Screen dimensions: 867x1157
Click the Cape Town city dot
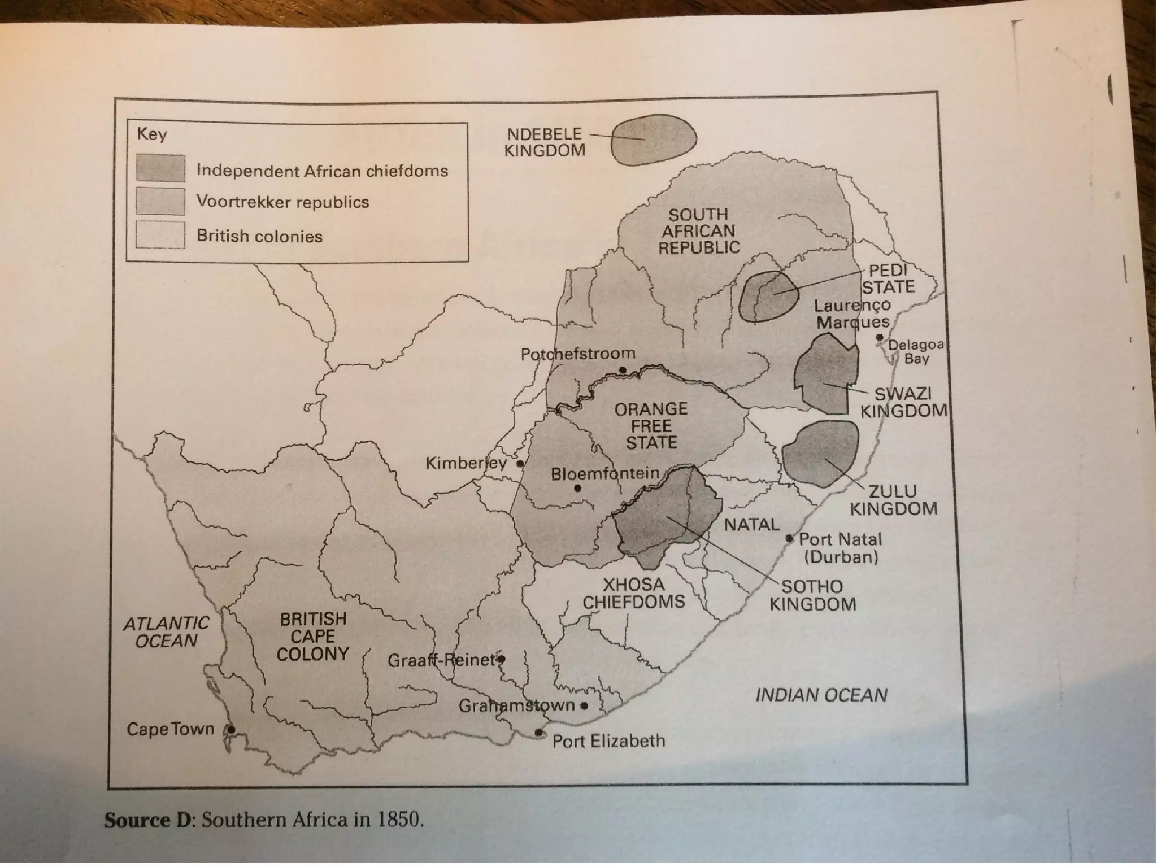point(231,730)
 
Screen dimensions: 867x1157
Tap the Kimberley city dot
point(520,464)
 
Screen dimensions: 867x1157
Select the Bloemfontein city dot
point(577,488)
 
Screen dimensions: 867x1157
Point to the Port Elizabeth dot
point(539,733)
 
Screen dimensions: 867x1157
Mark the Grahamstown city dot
point(584,705)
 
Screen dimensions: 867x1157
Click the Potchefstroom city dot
point(623,371)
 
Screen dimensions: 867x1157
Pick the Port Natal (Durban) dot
point(790,539)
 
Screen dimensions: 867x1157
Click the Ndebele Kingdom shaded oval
point(653,140)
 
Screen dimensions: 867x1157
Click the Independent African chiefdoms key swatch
point(160,168)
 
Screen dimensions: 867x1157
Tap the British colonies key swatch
point(160,234)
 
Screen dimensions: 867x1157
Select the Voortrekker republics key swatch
point(160,202)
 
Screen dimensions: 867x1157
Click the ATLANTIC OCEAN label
point(166,632)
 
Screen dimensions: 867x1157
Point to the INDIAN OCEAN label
point(821,695)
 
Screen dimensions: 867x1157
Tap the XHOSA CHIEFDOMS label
point(633,593)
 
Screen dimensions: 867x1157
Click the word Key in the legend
point(151,134)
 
